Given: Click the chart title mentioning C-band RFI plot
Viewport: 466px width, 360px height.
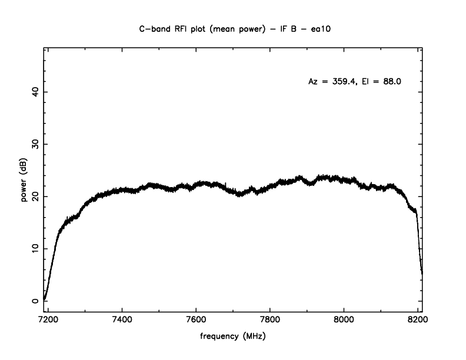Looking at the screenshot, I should click(233, 28).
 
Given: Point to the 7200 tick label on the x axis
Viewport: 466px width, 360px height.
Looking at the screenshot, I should click(48, 321).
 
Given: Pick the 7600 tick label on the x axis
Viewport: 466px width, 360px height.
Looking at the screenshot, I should click(196, 321).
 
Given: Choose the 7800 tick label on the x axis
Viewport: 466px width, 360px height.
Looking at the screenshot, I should click(269, 321).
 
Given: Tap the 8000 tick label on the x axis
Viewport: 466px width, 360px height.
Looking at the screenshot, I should click(344, 321).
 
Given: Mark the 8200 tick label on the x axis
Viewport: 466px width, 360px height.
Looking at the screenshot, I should click(417, 321).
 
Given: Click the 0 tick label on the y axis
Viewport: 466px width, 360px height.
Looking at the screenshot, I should click(36, 301).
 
